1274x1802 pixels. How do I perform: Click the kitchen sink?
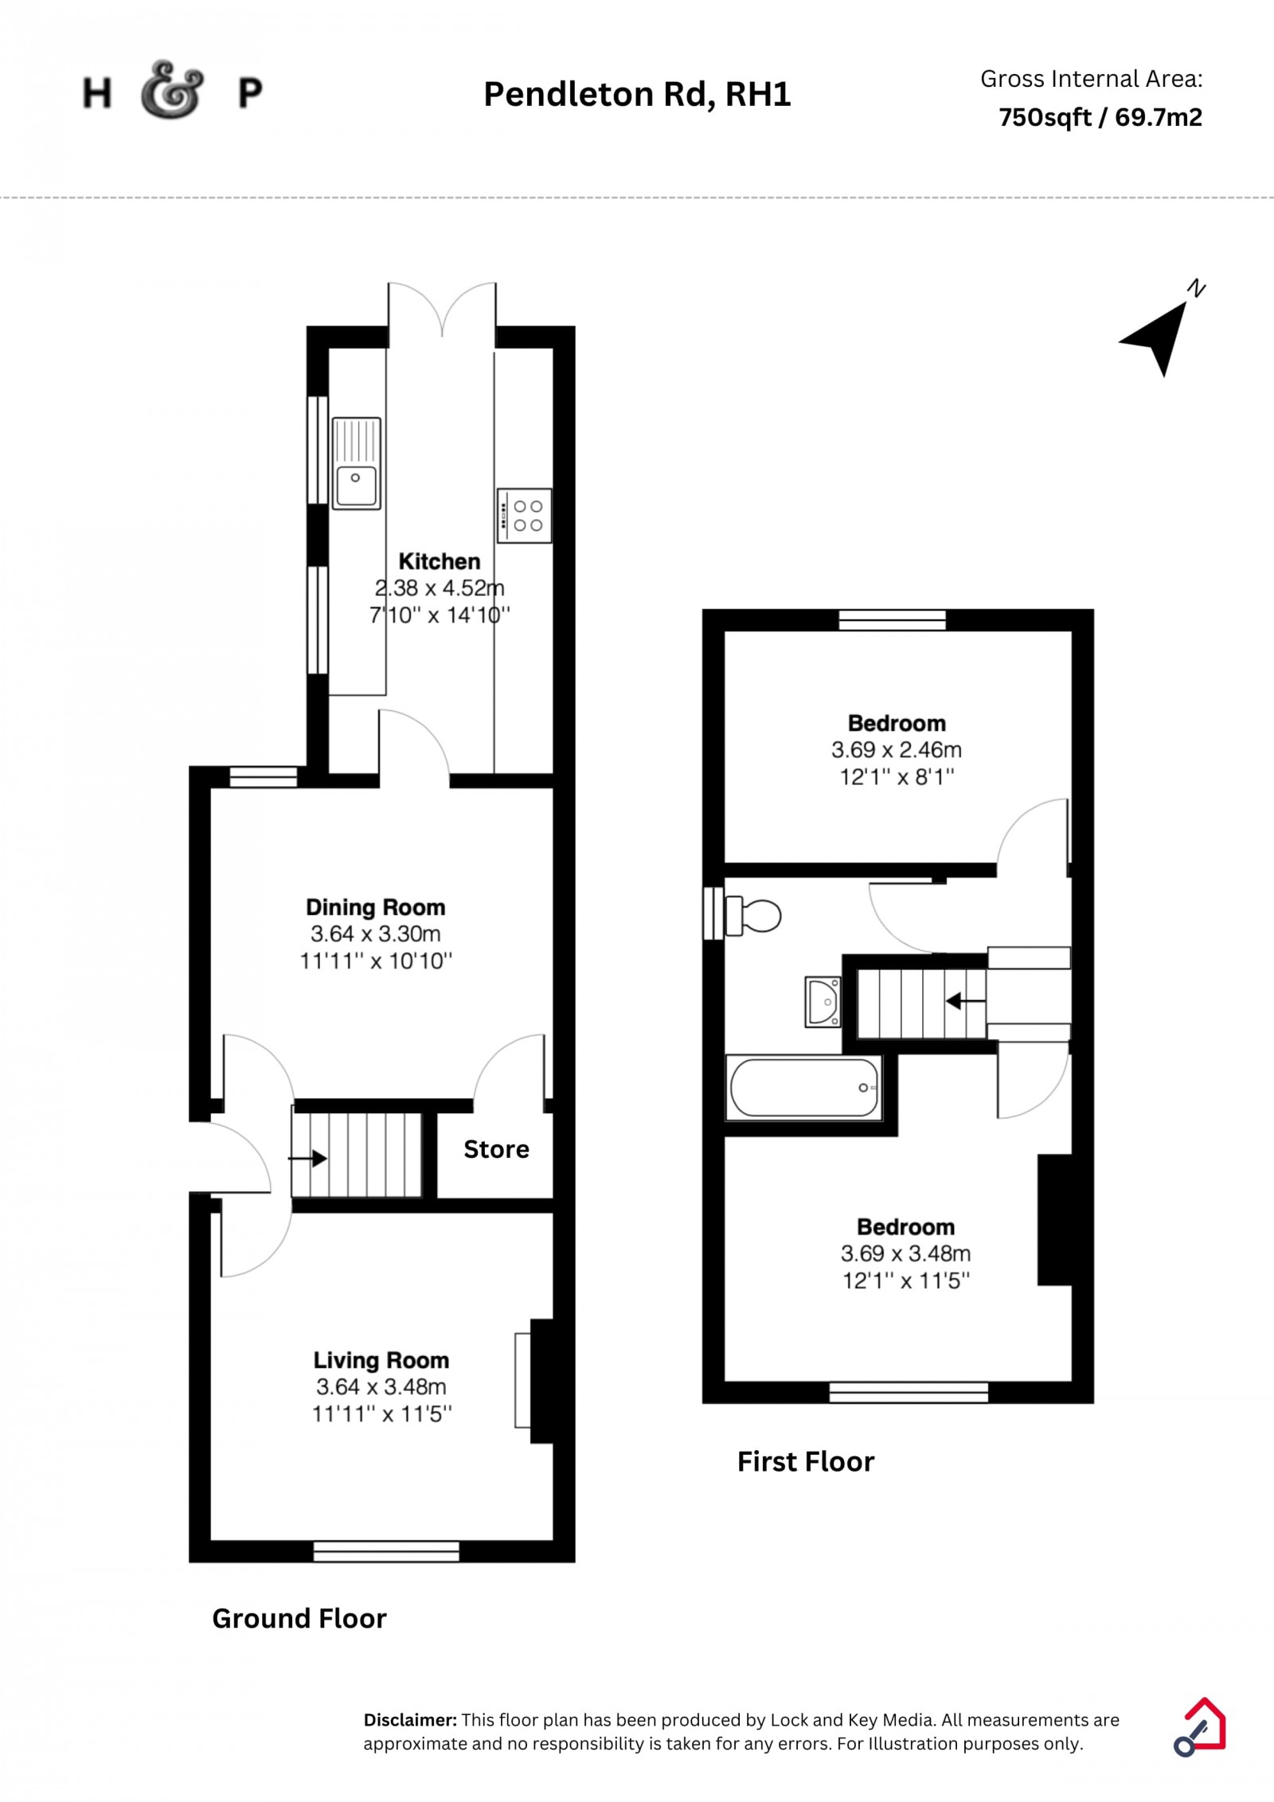356,463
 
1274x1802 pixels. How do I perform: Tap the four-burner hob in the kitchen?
524,515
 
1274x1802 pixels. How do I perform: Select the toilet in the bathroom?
752,915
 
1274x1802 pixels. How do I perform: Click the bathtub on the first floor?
804,1088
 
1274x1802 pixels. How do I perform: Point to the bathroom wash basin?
823,1002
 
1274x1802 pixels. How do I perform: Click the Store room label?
496,1149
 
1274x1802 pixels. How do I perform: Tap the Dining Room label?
376,907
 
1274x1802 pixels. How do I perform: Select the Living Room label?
381,1360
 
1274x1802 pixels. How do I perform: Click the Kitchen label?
440,561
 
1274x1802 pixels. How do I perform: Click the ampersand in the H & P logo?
172,90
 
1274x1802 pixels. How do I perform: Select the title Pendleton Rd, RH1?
637,94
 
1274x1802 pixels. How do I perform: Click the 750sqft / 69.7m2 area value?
1100,117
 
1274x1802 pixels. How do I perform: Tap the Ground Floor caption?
299,1618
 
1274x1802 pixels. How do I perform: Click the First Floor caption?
806,1461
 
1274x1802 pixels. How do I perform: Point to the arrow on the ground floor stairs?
307,1159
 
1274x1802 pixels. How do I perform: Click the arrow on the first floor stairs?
965,1001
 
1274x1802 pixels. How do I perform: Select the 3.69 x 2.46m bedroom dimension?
897,749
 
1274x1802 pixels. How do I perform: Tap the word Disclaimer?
410,1720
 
